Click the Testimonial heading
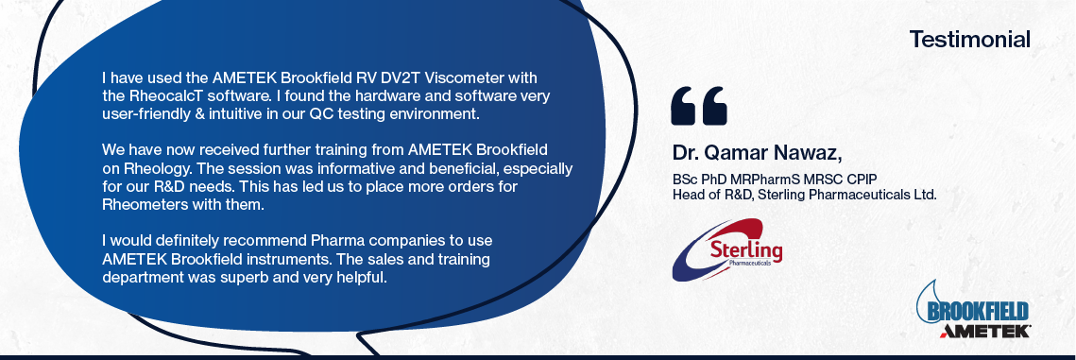point(969,39)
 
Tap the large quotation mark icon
point(698,106)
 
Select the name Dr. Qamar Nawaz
point(757,151)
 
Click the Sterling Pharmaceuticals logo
point(726,249)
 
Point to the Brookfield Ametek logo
point(973,309)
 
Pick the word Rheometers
point(139,205)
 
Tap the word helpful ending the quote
point(363,279)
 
